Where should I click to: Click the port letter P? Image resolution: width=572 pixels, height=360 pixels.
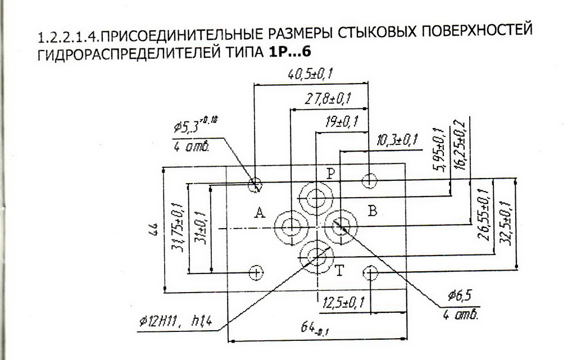tap(331, 173)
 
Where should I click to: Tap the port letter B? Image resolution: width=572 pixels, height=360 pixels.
tap(372, 211)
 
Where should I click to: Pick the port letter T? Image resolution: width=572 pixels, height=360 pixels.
tap(339, 272)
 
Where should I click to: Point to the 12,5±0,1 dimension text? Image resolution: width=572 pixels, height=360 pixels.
tap(344, 304)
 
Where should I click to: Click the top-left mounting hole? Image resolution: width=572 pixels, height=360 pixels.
tap(256, 184)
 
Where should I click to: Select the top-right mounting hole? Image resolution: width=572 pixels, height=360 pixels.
tap(370, 181)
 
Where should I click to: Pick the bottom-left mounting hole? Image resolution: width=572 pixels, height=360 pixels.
tap(256, 273)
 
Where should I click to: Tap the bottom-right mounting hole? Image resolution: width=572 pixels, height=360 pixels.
tap(370, 273)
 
